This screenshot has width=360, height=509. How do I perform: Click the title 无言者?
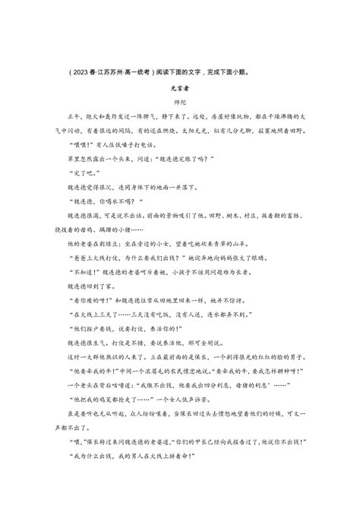[181, 89]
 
